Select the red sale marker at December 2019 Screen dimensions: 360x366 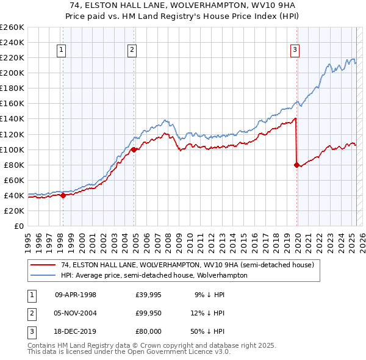[x=296, y=165]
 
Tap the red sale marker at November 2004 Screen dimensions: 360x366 [x=133, y=149]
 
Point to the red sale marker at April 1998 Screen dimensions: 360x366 [x=63, y=195]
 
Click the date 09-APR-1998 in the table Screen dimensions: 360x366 [x=76, y=295]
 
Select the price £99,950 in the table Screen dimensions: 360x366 [x=148, y=313]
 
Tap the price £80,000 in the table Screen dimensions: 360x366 [x=148, y=331]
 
